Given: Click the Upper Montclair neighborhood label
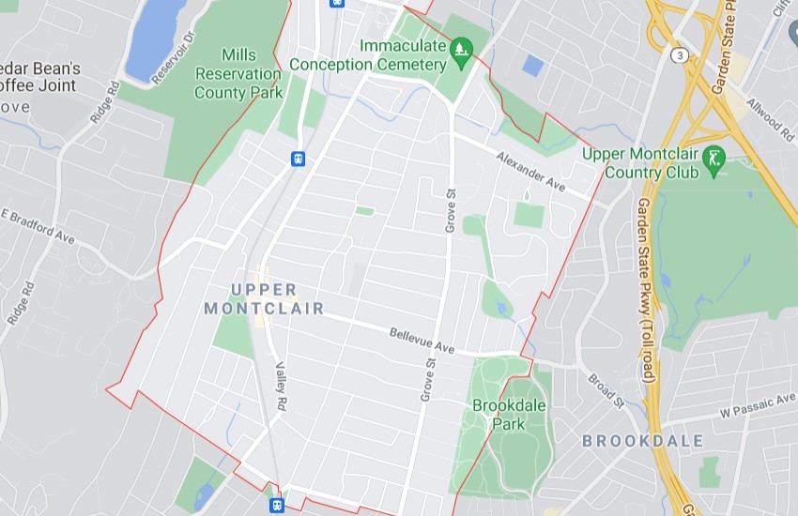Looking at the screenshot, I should tap(264, 298).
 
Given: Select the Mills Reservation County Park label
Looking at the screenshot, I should tap(238, 74).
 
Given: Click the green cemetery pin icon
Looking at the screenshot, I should tap(460, 47).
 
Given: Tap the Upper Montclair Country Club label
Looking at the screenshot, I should tap(640, 162).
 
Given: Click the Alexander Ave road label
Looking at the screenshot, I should tap(530, 173).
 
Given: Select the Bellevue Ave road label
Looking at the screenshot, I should tap(422, 341).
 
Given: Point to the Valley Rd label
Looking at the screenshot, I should tap(280, 387).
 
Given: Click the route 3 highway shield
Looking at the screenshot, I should tap(680, 55).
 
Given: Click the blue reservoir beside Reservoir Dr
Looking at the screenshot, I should tap(155, 38).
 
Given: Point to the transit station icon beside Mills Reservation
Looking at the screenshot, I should tap(299, 159).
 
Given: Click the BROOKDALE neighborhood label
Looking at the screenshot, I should tap(642, 440).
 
